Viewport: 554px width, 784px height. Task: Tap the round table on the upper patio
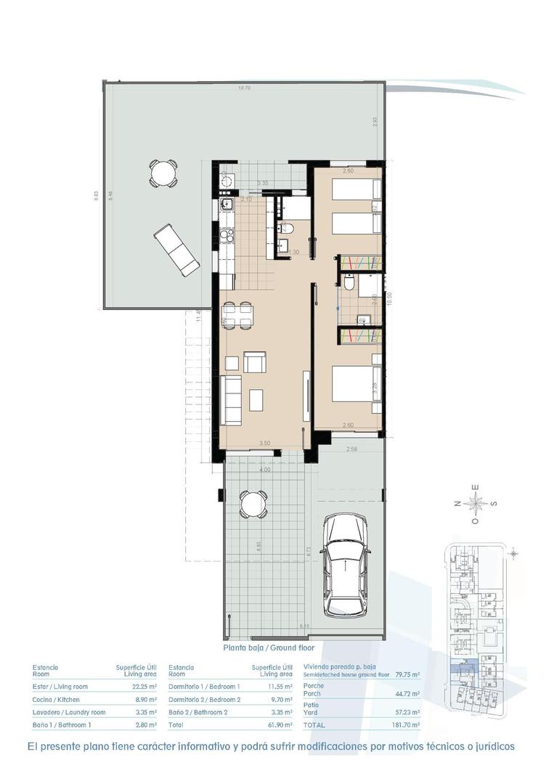(x=163, y=173)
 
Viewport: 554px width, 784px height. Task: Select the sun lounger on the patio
(x=176, y=249)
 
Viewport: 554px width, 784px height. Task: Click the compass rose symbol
(x=476, y=502)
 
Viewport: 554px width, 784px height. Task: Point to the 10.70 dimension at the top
(x=244, y=89)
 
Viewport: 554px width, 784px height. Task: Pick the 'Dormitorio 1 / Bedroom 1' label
(x=204, y=686)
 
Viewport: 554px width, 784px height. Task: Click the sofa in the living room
(x=232, y=400)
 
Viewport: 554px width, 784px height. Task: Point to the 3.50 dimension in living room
(x=266, y=443)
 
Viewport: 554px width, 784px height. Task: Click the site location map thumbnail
(x=476, y=627)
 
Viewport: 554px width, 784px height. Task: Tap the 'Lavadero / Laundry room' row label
(x=70, y=712)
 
